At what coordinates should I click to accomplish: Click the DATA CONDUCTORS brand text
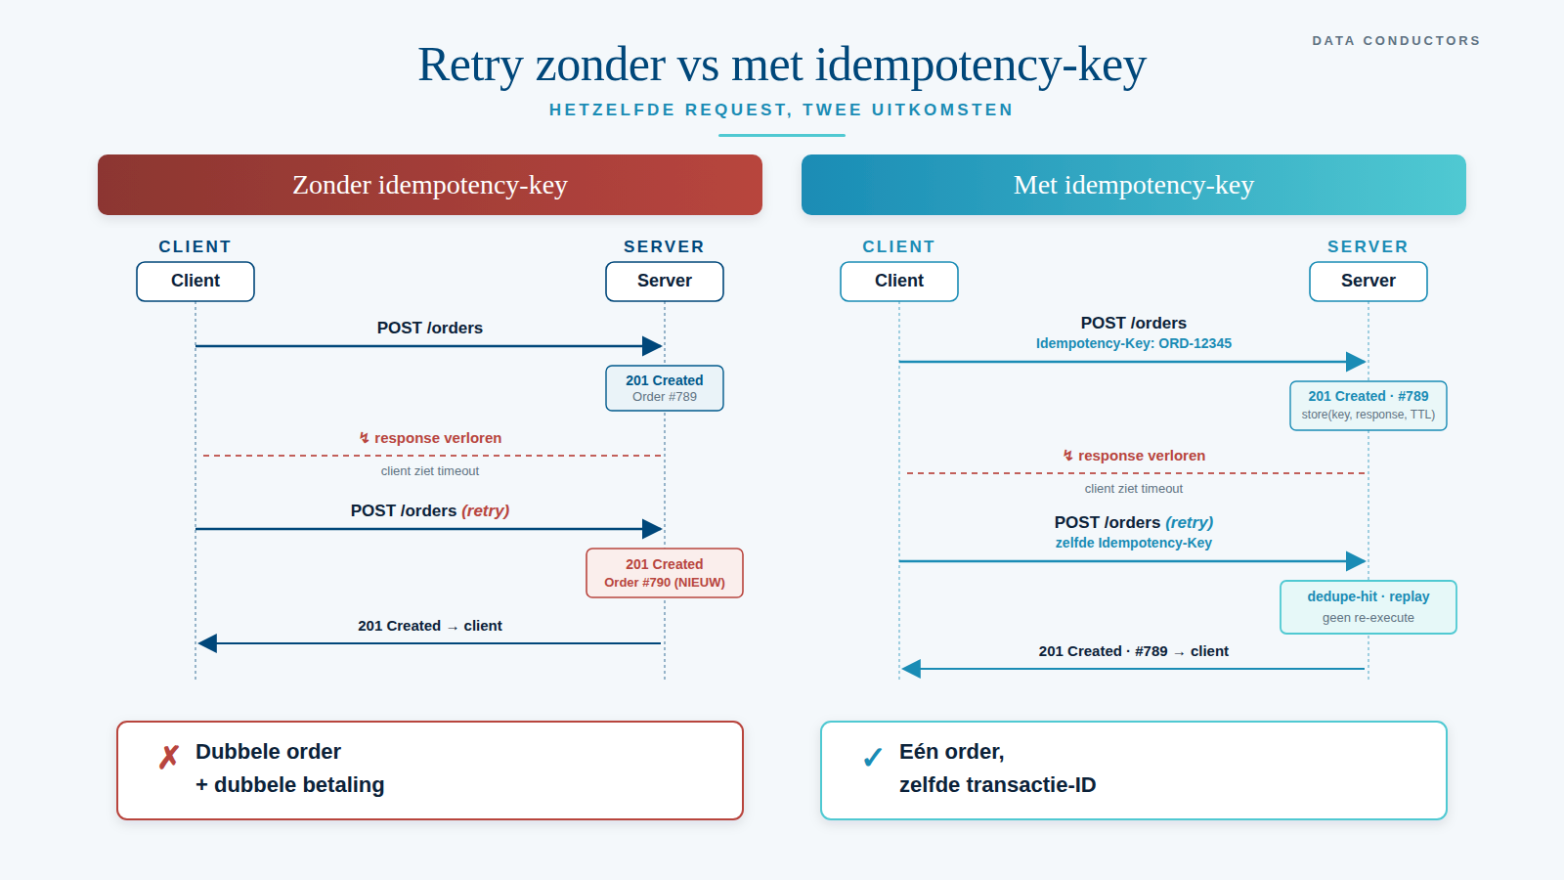1396,41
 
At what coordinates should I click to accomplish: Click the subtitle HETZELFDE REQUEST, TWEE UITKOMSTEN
781,110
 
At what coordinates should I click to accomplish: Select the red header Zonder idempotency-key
430,185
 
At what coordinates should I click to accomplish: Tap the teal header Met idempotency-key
1134,185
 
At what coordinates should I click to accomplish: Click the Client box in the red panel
195,282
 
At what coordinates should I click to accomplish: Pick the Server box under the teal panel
1368,282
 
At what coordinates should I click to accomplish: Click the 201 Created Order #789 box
665,388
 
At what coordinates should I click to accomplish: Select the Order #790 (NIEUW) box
665,573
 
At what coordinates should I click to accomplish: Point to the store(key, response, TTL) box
1368,406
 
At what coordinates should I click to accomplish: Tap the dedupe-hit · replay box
1368,607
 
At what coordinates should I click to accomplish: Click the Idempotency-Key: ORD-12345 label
1134,343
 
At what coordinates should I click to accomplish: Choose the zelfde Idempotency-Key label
1134,543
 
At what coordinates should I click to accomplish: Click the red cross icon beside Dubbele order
169,757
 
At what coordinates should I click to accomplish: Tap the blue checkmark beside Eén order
873,758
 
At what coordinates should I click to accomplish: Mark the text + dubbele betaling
290,785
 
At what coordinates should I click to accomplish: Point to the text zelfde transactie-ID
997,785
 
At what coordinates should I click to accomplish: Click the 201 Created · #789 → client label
1134,651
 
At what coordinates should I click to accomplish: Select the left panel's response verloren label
430,438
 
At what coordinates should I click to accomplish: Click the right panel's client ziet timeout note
1134,489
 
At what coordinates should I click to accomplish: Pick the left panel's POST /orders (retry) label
430,510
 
